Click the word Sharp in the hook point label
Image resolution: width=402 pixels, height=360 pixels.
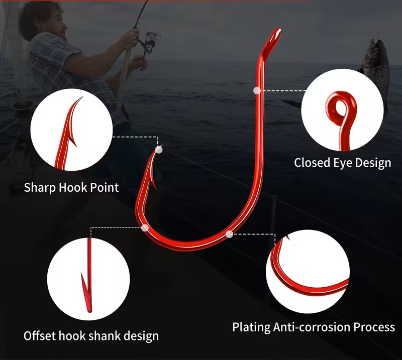pos(40,188)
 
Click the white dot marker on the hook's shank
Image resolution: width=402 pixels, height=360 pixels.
pos(257,90)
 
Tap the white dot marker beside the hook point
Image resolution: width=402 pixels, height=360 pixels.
pos(159,149)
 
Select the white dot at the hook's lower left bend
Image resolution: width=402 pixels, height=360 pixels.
pos(145,227)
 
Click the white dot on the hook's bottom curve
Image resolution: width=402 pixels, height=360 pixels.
pos(229,233)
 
